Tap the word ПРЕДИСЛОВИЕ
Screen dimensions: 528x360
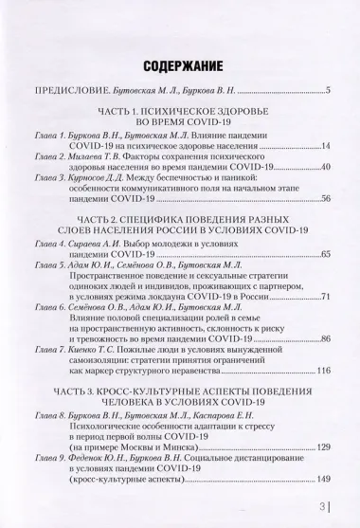[70, 91]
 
